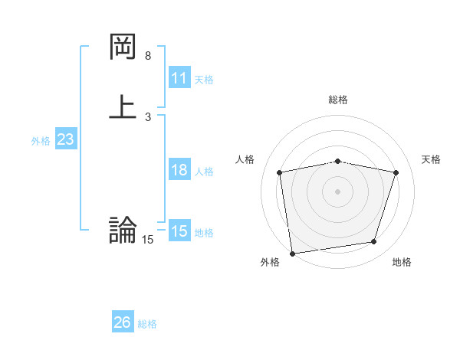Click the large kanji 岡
(123, 47)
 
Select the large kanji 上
(123, 106)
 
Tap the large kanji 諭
(123, 230)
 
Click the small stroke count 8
(148, 56)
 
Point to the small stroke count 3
(148, 116)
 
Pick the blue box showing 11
(179, 78)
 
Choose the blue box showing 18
(179, 170)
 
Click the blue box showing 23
(65, 139)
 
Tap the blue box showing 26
(122, 322)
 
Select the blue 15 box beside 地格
(179, 231)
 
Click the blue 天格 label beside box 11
(204, 80)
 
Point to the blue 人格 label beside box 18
(204, 172)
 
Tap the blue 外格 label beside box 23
(41, 141)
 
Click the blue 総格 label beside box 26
(147, 324)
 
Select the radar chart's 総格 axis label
(338, 100)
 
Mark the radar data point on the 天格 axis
(396, 172)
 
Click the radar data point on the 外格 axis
(292, 252)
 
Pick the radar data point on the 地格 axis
(374, 242)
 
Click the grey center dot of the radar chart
(338, 191)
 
